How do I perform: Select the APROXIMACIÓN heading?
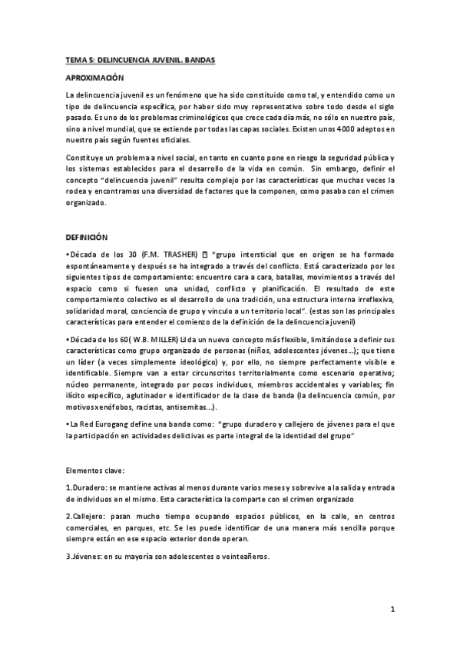[94, 78]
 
